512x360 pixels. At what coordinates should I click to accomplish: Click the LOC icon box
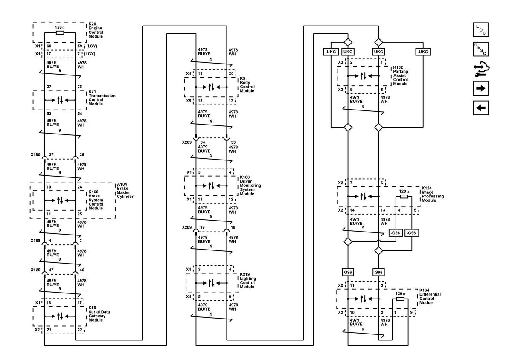(x=480, y=30)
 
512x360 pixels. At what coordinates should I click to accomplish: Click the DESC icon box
(x=480, y=49)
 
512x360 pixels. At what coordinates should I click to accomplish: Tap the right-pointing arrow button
(x=480, y=88)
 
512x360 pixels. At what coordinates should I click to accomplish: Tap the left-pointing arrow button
(x=480, y=107)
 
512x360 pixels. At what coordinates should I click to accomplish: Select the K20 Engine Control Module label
(x=96, y=30)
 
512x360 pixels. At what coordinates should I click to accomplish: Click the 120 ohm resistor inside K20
(x=60, y=33)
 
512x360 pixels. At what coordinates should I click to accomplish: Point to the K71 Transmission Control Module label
(x=102, y=98)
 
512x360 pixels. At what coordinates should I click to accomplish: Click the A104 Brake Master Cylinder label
(x=125, y=190)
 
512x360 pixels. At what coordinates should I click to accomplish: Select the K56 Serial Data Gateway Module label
(x=99, y=314)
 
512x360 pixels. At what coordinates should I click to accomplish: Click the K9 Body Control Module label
(x=247, y=84)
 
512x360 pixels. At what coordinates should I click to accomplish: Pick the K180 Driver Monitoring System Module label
(x=250, y=186)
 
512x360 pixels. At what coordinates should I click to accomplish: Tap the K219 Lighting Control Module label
(x=248, y=281)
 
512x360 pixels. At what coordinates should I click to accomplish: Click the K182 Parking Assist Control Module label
(x=400, y=75)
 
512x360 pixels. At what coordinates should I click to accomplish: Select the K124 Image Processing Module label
(x=433, y=194)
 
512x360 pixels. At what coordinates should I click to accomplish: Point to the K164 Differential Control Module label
(x=430, y=296)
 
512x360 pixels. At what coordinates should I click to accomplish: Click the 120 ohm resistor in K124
(x=404, y=197)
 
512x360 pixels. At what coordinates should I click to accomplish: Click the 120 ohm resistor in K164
(x=400, y=299)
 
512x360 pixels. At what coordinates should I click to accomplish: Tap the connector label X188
(x=35, y=241)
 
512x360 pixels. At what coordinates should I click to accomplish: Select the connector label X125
(x=35, y=270)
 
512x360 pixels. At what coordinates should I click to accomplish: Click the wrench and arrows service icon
(x=481, y=69)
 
